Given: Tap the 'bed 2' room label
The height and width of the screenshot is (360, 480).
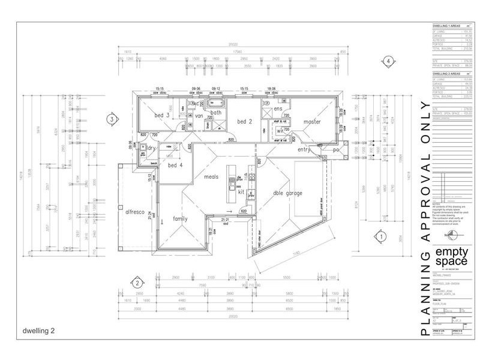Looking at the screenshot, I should click(244, 122).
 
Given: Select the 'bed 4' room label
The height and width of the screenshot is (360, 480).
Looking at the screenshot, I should click(175, 165).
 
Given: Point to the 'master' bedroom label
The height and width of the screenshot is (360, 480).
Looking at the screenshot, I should click(312, 122).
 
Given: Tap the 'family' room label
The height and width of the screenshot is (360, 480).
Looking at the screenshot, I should click(181, 220).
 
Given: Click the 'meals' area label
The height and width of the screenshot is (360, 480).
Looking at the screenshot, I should click(211, 177).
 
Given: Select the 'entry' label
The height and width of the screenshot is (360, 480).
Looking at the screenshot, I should click(305, 149).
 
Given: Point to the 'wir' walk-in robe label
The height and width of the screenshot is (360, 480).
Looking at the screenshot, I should click(280, 130).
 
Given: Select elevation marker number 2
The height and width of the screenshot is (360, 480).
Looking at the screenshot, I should click(137, 283).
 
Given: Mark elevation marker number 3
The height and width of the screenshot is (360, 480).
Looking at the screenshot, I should click(111, 119).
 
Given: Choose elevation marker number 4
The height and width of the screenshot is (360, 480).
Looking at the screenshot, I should click(389, 61).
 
